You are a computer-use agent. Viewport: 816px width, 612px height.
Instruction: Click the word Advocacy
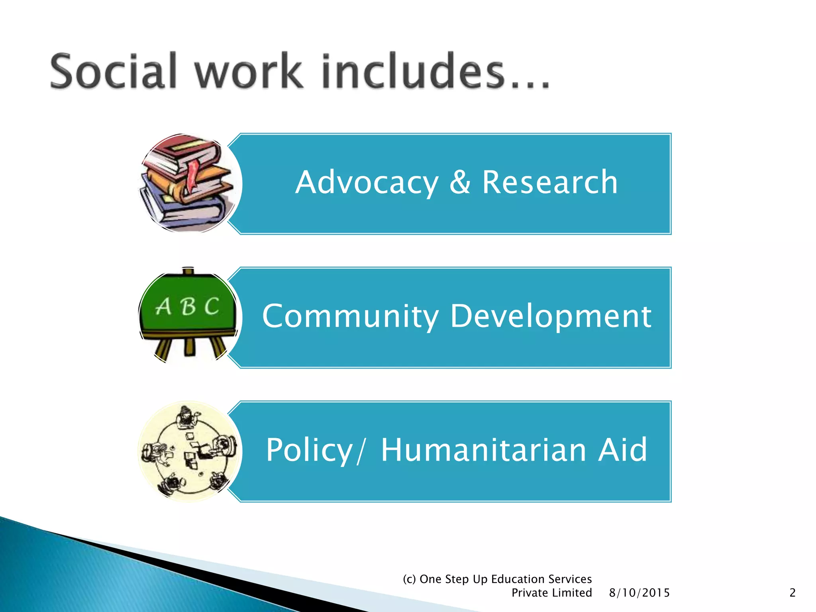pos(367,183)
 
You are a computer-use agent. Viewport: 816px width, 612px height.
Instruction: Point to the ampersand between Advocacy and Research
pos(460,182)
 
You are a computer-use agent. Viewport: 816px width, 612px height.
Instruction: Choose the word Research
pos(550,182)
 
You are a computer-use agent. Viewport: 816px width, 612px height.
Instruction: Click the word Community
pos(350,316)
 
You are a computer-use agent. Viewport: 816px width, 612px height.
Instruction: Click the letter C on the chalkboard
pos(212,306)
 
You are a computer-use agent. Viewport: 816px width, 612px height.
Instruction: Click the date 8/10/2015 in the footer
pos(639,593)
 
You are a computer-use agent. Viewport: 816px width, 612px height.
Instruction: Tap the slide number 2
pos(792,593)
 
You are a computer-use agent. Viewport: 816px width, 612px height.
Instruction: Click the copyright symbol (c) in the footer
pos(409,579)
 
